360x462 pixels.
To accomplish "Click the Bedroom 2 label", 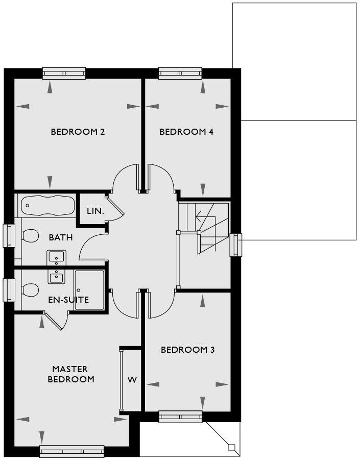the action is pos(78,132).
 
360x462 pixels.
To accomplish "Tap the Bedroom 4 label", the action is pos(186,132).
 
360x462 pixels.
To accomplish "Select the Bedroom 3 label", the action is pos(188,350).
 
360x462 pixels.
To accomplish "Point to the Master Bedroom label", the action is pos(71,374).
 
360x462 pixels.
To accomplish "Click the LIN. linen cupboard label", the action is pos(95,211).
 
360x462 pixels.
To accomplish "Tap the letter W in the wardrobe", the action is pos(132,380).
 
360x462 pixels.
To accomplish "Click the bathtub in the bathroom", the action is pos(48,205).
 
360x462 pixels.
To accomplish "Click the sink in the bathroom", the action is pos(56,258).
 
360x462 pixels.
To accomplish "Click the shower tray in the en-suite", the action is pos(89,290).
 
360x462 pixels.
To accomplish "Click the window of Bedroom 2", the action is pos(64,73).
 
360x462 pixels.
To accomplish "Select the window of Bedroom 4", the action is pos(180,73).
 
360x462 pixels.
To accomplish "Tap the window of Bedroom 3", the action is pos(180,417).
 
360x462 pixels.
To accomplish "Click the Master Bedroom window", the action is pos(71,451).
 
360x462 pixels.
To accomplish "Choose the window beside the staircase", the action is pos(236,245).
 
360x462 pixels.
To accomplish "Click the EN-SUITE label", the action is pos(68,300).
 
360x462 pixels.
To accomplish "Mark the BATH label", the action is pos(61,237).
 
